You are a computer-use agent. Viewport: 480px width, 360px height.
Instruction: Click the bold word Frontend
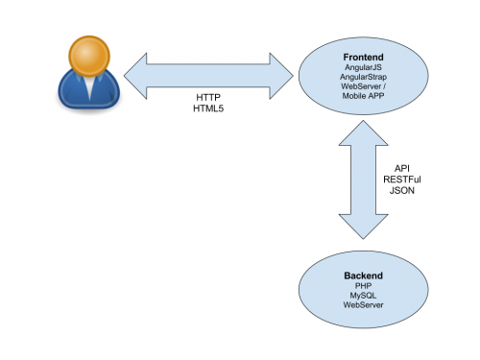[363, 58]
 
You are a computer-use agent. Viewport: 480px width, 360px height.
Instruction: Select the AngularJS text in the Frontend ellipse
[363, 67]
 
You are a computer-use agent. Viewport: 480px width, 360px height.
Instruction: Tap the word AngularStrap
[363, 77]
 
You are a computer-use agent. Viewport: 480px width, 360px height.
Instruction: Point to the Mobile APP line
[363, 95]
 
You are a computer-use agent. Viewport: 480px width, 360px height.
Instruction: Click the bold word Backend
[363, 276]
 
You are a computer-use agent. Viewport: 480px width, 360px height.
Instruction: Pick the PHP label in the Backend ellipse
[363, 285]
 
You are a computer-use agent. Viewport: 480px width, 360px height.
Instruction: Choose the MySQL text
[363, 296]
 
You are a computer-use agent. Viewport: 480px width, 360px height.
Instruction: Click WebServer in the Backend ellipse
[363, 304]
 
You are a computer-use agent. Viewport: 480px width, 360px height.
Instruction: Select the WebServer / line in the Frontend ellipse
[363, 86]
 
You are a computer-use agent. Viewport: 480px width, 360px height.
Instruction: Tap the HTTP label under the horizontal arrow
[208, 97]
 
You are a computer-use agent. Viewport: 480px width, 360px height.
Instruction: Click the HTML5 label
[208, 108]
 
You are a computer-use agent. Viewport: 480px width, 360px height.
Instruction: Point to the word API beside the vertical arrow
[402, 168]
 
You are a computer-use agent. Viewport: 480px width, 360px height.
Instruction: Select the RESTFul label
[402, 180]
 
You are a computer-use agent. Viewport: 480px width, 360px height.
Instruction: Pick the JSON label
[402, 190]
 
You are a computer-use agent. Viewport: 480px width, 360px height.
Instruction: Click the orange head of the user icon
[89, 56]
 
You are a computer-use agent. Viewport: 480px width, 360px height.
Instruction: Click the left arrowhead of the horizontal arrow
[135, 76]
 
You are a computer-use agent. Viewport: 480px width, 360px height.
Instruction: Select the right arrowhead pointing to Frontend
[281, 76]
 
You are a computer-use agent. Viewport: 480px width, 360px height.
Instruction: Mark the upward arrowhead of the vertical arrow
[363, 133]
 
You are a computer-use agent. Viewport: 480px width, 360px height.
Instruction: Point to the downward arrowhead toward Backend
[363, 227]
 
